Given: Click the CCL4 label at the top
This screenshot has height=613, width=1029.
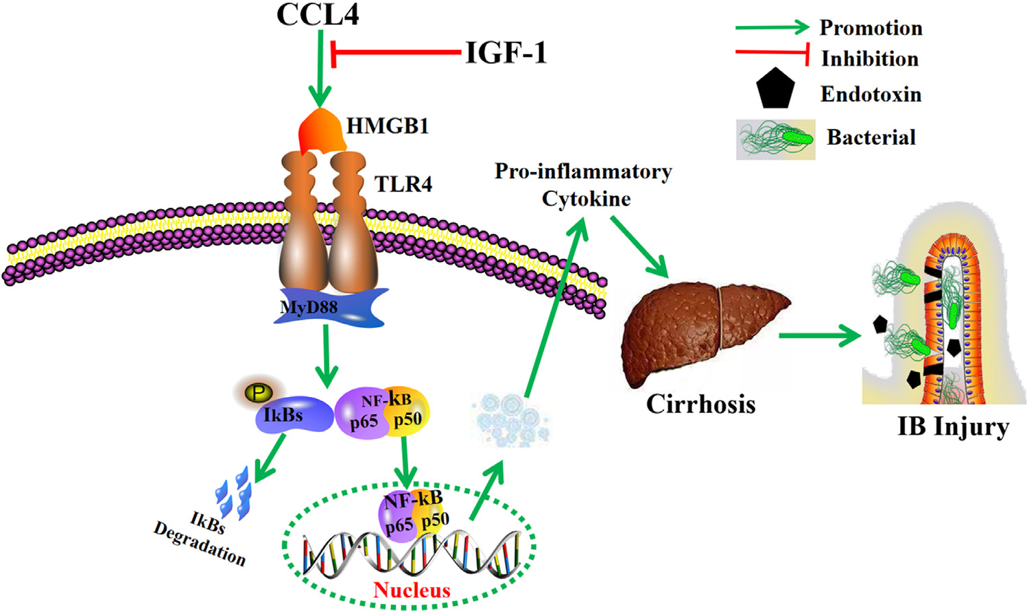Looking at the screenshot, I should coord(318,14).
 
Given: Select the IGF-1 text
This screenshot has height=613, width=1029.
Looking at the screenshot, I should coord(506,53).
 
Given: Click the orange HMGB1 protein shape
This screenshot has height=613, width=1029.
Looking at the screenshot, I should coord(322,130).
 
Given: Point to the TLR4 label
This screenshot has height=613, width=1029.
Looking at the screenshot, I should coord(403,184).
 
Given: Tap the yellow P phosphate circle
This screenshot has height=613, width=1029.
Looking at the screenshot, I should coord(259,393).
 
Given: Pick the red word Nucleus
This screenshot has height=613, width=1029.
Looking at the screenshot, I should coord(412,590).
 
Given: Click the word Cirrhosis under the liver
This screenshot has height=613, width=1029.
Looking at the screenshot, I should coord(700,404).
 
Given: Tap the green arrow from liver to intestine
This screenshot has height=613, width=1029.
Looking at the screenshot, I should coord(820,336).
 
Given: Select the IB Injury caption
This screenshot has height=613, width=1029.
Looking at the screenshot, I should coord(953,426).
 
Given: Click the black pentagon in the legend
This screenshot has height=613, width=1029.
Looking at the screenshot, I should coord(775,90).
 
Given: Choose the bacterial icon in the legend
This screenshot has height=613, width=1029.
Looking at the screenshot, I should coord(775,139).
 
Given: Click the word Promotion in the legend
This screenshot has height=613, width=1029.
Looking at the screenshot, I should coord(871,28).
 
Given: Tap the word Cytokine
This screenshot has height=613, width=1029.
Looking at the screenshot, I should coord(586,199).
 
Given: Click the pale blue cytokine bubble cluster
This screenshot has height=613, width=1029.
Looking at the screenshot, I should coord(510,418).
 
